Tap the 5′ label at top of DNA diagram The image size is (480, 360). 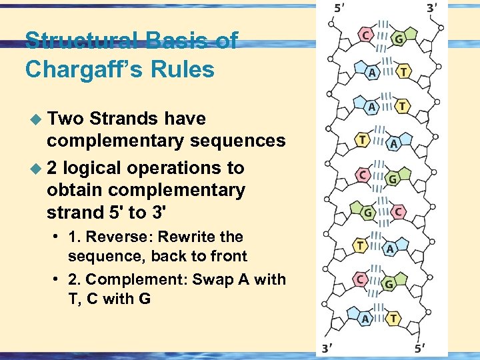[339, 9]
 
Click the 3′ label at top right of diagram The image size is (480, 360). [431, 9]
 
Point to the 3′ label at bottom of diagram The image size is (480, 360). [327, 347]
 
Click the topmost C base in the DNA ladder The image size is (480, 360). [365, 33]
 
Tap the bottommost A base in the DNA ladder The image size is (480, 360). [365, 319]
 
